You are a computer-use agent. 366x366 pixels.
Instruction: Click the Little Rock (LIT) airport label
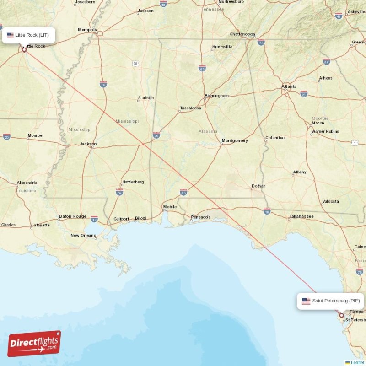28,35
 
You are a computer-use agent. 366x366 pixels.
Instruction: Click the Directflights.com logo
34,344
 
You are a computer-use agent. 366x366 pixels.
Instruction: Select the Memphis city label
87,30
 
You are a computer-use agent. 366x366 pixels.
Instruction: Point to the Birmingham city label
216,96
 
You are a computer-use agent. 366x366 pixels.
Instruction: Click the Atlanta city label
289,86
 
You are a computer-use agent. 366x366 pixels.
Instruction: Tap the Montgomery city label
234,140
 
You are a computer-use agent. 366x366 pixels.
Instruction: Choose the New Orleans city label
83,236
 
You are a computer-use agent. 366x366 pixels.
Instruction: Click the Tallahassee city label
301,216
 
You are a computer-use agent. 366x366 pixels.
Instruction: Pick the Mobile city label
170,207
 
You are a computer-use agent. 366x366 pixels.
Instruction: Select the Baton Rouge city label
72,216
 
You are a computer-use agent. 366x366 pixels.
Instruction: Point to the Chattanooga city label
242,34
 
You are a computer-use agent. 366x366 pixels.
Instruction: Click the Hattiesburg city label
133,182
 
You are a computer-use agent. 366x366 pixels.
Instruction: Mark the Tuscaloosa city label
190,108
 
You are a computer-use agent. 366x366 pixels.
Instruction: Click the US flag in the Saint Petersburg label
306,301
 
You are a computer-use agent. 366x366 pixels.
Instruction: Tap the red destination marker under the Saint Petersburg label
341,315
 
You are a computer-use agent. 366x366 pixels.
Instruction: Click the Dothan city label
258,186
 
